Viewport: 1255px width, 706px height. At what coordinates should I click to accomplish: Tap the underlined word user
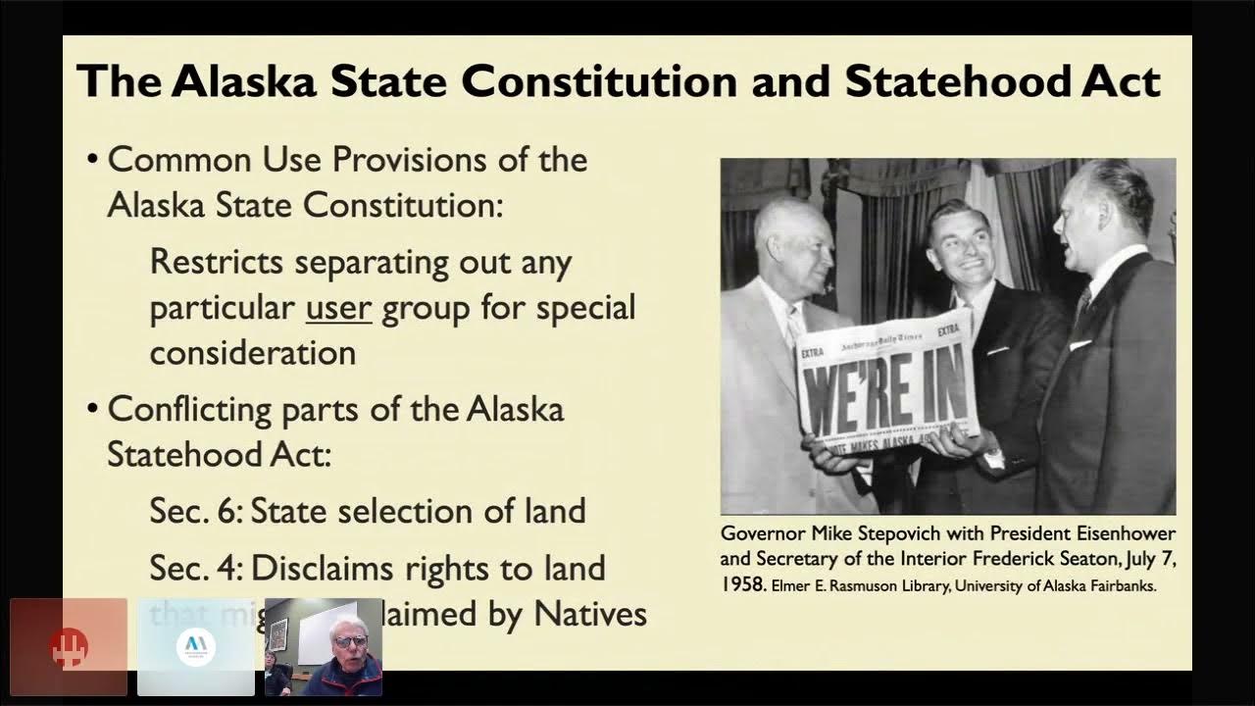(x=338, y=307)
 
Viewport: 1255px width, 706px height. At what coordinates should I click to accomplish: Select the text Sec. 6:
(x=195, y=511)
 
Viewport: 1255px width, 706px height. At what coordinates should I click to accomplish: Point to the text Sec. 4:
(x=195, y=568)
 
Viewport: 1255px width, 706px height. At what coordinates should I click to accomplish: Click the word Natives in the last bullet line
(x=590, y=614)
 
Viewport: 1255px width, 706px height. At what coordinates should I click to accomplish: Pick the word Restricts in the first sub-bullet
(x=217, y=262)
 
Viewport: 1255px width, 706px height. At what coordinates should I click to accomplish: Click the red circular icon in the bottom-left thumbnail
(x=69, y=646)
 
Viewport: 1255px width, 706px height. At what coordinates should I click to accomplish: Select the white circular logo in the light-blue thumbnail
(x=195, y=646)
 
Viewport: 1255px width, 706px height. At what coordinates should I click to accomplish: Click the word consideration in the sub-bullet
(x=253, y=352)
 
